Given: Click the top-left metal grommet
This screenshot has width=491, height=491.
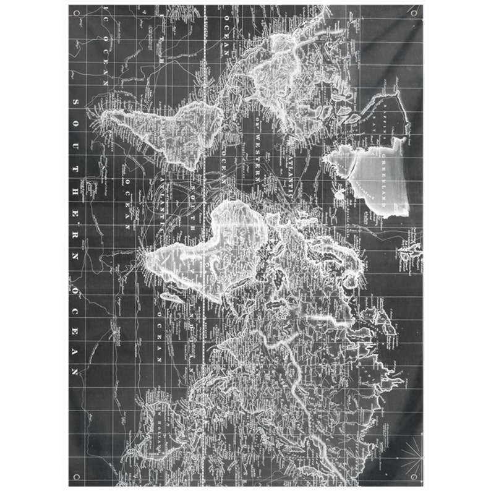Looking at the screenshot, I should coord(77,12).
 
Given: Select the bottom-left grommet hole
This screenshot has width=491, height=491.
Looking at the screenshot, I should coord(77,477).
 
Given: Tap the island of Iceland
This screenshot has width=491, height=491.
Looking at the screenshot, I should coord(339,193).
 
